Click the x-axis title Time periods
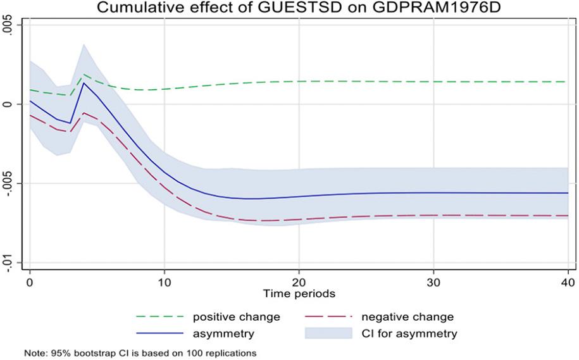pos(299,293)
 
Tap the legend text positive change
pos(236,317)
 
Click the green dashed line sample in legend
pos(159,317)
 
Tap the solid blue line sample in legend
pos(159,333)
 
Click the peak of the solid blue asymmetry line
pos(84,83)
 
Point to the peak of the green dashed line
pos(84,75)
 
